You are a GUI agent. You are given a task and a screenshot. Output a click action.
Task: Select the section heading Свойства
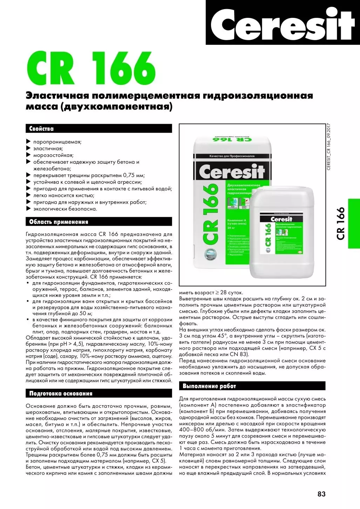click(x=41, y=129)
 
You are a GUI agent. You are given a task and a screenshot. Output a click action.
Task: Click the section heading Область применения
click(x=59, y=222)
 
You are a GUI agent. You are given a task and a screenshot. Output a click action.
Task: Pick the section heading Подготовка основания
click(x=61, y=394)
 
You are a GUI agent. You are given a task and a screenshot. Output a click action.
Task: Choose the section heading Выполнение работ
click(x=209, y=386)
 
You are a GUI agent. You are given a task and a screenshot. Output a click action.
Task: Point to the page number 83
click(x=321, y=494)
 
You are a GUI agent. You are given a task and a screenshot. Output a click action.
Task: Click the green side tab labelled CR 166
click(x=353, y=224)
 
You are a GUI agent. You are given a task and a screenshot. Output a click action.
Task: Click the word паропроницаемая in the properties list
click(x=57, y=142)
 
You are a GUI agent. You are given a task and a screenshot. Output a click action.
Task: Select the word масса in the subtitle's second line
click(x=42, y=107)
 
